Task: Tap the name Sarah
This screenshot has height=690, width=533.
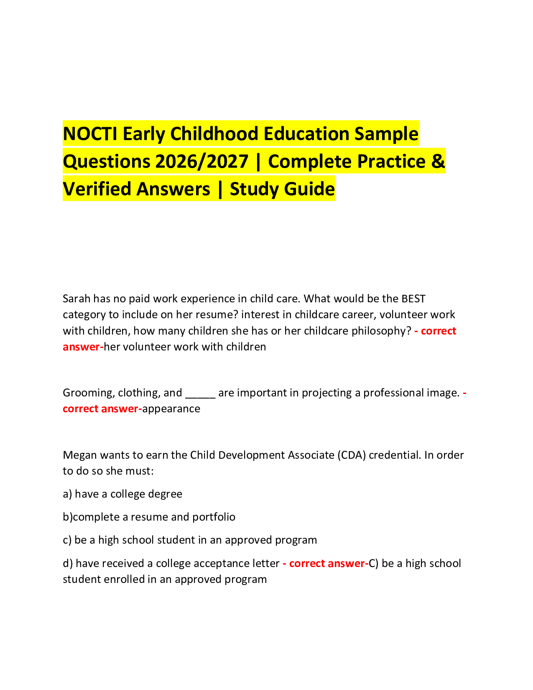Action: pyautogui.click(x=77, y=299)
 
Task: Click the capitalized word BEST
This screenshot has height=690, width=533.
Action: pyautogui.click(x=413, y=299)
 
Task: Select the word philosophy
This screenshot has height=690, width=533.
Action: pyautogui.click(x=378, y=331)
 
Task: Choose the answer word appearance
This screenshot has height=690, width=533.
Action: pyautogui.click(x=171, y=409)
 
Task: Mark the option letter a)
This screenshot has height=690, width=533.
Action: pyautogui.click(x=67, y=494)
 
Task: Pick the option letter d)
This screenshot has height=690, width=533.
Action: pyautogui.click(x=68, y=563)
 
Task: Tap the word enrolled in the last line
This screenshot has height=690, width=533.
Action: pyautogui.click(x=152, y=579)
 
